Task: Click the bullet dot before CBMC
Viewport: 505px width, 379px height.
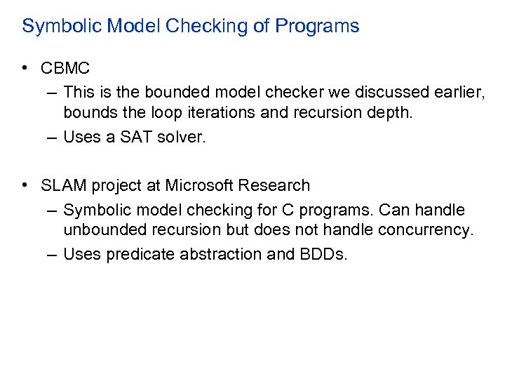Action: (x=25, y=68)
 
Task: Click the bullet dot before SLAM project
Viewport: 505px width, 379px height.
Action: (x=25, y=185)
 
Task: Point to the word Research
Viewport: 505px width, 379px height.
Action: (x=274, y=186)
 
